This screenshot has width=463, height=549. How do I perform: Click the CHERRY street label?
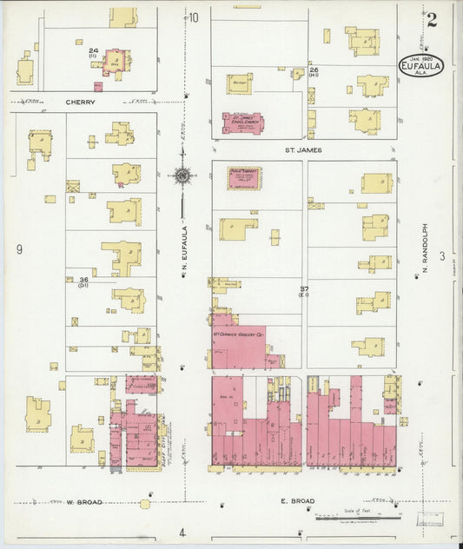pos(79,102)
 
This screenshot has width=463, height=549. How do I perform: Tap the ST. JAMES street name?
pos(304,150)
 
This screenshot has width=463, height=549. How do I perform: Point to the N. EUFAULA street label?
pos(185,252)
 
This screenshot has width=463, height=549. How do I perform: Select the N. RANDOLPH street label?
pos(427,252)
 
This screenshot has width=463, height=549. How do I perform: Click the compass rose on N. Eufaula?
pos(182,176)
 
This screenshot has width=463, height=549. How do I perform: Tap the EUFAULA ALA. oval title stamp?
pos(422,65)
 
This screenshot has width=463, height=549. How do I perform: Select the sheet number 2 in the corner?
pos(431,20)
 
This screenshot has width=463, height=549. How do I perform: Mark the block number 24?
pos(92,51)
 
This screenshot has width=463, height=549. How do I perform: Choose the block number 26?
pos(314,69)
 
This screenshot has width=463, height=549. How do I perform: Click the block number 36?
pos(83,280)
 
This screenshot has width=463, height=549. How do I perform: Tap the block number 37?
pos(304,288)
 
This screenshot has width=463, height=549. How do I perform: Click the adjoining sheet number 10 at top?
pos(194,17)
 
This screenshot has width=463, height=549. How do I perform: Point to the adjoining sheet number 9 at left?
pos(17,251)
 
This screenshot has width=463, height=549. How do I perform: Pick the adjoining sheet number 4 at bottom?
pos(182,532)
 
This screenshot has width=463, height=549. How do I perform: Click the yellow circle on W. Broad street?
pos(145,503)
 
